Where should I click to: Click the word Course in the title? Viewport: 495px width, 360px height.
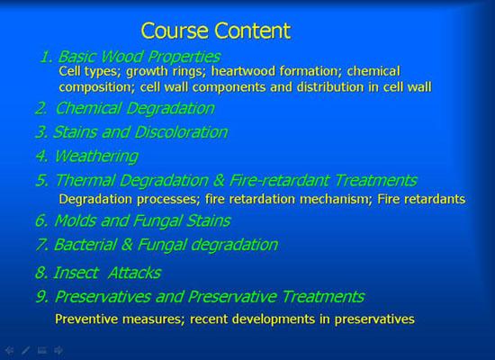(175, 31)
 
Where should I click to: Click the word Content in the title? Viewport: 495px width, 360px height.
(252, 31)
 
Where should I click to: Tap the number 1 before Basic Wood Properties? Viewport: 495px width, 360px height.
(46, 57)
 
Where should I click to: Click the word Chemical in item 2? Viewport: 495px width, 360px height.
(88, 108)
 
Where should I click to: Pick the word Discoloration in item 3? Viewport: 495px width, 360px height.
(181, 132)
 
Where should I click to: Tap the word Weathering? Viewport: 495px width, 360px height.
(96, 157)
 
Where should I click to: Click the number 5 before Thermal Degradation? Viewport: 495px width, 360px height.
(42, 181)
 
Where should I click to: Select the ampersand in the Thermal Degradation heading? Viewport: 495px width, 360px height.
(219, 181)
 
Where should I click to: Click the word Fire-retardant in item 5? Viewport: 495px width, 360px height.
(280, 180)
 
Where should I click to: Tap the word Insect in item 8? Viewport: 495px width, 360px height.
(76, 273)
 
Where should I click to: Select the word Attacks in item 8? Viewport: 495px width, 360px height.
(134, 273)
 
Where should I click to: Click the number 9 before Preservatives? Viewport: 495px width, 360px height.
(42, 297)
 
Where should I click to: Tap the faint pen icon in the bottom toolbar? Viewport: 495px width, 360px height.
(25, 350)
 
